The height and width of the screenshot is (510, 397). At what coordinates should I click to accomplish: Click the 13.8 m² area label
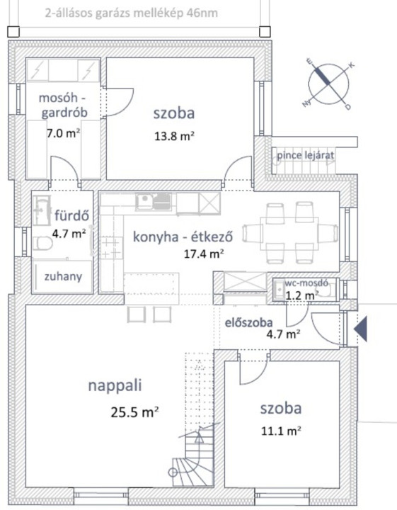(174, 136)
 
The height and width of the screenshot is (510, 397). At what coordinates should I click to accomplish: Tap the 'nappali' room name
(115, 386)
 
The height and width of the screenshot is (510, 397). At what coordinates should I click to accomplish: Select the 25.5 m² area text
(134, 412)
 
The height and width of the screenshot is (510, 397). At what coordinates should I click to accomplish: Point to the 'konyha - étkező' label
(183, 237)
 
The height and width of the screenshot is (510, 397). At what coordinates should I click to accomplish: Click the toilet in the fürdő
(42, 243)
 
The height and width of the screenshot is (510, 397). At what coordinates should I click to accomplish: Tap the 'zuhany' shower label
(63, 276)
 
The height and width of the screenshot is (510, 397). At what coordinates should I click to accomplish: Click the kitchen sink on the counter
(154, 201)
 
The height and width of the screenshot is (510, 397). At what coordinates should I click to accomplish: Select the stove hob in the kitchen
(111, 247)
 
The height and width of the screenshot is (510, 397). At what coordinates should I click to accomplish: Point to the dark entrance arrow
(361, 329)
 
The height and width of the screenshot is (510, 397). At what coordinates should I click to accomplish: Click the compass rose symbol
(328, 84)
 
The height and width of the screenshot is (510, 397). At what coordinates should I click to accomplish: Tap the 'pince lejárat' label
(305, 155)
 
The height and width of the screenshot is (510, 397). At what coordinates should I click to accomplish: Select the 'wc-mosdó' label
(306, 283)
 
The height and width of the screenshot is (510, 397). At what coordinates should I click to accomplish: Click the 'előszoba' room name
(249, 322)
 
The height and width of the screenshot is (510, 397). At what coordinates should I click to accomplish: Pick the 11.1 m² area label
(281, 431)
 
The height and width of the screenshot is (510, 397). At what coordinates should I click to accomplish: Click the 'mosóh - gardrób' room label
(64, 105)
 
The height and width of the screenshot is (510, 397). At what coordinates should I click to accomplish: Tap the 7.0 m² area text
(64, 133)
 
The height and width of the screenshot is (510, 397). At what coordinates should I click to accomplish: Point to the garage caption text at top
(131, 13)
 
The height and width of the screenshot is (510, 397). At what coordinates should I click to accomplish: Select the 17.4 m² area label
(204, 254)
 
